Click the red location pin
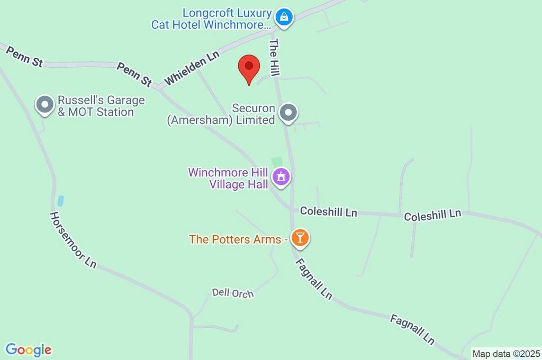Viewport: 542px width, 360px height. [x=249, y=68]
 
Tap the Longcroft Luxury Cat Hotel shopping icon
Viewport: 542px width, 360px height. [x=285, y=16]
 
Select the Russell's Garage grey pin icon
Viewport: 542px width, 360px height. [x=44, y=104]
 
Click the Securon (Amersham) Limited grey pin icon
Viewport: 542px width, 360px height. [x=288, y=112]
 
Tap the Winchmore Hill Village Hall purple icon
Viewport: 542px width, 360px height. [x=281, y=177]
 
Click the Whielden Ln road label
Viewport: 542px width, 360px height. [x=192, y=68]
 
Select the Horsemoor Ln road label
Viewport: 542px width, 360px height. [x=73, y=239]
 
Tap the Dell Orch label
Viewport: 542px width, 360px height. [x=233, y=293]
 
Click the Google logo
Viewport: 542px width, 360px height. [x=29, y=350]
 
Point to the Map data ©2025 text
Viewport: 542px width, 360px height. [x=506, y=354]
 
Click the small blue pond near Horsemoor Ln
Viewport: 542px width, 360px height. [x=60, y=201]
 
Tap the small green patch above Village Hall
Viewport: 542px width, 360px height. [x=276, y=161]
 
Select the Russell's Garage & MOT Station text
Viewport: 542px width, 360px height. [x=96, y=106]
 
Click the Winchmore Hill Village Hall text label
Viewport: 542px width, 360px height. [x=229, y=178]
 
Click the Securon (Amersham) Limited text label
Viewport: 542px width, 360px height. [x=221, y=114]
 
